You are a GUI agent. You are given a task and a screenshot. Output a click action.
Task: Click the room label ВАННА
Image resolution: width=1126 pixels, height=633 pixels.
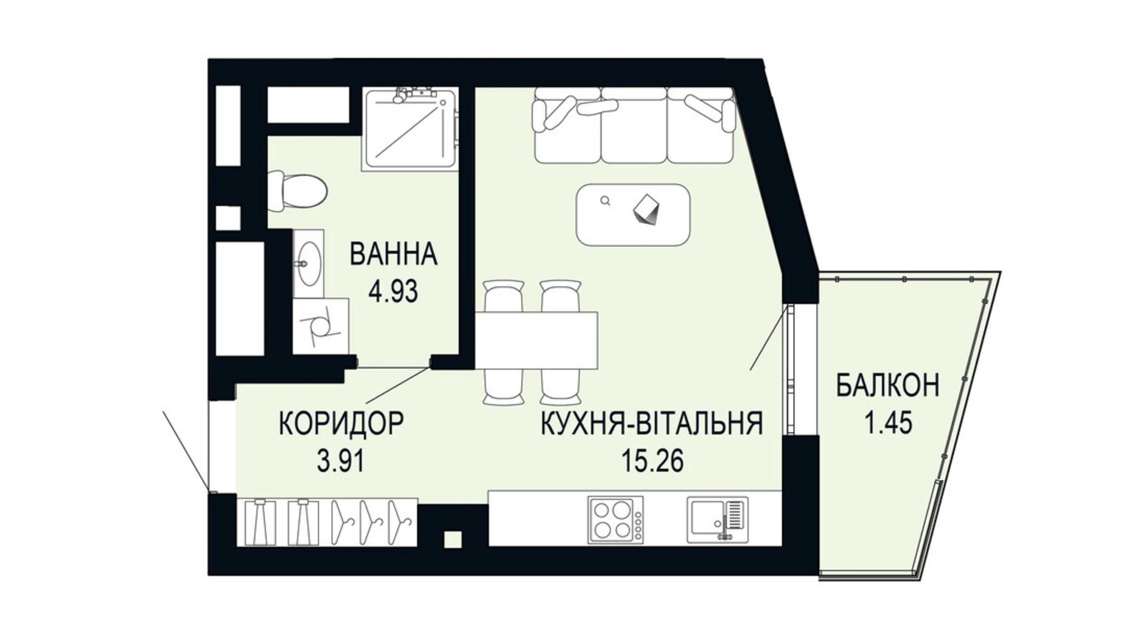pos(393,254)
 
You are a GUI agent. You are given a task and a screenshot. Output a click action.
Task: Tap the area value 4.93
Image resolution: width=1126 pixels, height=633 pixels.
pos(393,292)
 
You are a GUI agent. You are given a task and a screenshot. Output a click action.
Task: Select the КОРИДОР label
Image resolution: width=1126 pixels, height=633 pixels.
pos(341,424)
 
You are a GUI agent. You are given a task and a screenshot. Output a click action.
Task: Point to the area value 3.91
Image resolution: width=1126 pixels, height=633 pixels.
pos(341,461)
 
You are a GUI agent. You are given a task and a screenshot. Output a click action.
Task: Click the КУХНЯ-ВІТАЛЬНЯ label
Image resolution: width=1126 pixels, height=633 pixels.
pos(652,424)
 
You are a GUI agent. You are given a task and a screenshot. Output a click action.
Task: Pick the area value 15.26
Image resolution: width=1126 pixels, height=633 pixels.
pos(652,461)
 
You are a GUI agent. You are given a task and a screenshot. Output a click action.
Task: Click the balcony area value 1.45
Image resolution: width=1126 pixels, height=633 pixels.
pos(888,423)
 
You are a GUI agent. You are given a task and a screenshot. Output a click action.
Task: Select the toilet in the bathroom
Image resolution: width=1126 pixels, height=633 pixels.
pos(298,191)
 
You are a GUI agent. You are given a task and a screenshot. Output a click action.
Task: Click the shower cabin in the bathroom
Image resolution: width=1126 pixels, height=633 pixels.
pos(409,129)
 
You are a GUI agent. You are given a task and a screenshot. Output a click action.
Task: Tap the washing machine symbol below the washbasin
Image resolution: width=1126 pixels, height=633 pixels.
pos(320,326)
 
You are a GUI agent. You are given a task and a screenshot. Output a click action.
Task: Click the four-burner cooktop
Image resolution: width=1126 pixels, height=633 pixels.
pos(615,519)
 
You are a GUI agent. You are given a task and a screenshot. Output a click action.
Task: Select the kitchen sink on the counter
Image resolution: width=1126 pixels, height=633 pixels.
pos(717,519)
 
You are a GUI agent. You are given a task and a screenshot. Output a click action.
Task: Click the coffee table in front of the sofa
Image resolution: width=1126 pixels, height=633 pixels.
pos(633,215)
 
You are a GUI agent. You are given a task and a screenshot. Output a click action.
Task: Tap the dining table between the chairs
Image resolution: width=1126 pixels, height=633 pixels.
pos(536,340)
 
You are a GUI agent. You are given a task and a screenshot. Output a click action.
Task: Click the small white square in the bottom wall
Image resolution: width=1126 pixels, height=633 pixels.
pos(452,539)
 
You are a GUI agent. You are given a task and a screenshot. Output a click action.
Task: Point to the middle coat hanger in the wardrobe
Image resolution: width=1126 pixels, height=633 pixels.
pos(371,522)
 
